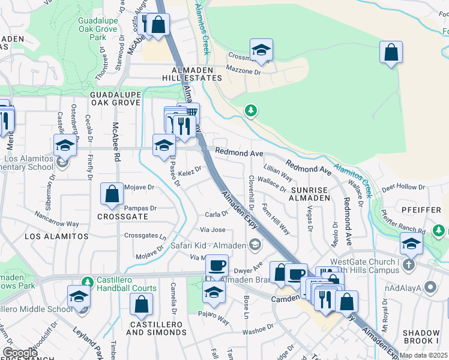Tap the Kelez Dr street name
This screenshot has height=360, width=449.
point(189,171)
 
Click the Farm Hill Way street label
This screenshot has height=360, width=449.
point(280,223)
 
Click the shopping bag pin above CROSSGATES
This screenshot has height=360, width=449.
point(112,193)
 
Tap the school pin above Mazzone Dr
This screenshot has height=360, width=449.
point(261,50)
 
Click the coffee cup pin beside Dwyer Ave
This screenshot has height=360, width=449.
point(217,265)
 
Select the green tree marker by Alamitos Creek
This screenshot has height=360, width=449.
point(251,110)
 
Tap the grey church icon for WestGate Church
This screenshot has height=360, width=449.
point(409,265)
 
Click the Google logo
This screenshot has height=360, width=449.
point(20,353)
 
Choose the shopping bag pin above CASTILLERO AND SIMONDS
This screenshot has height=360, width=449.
point(141,304)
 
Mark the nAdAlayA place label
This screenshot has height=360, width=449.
point(400,288)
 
